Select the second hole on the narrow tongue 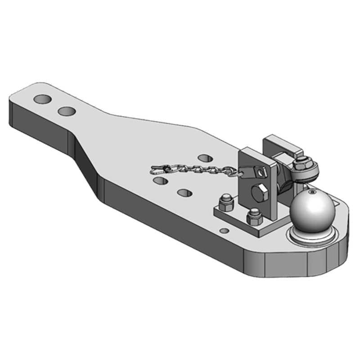(67, 111)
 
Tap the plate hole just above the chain (205, 158)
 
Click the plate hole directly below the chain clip (160, 180)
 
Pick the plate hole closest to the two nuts (184, 193)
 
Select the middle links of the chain (198, 170)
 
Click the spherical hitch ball (312, 211)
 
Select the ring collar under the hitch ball (312, 238)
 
